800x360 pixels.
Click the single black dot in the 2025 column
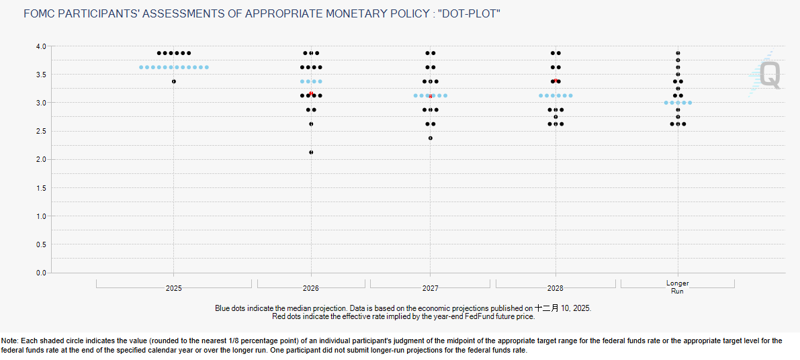click(174, 81)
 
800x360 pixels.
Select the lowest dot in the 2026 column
click(311, 152)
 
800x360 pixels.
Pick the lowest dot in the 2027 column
click(431, 138)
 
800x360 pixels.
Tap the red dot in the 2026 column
click(311, 93)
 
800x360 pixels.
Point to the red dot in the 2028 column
click(555, 81)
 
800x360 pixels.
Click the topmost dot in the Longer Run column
click(678, 53)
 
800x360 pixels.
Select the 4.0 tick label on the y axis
click(40, 46)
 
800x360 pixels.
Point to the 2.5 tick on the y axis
click(40, 131)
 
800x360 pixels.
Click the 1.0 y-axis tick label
click(40, 216)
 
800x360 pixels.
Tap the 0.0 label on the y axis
click(40, 273)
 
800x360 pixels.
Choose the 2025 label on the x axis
click(174, 288)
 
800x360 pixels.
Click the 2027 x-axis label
click(431, 288)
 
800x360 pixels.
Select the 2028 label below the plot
click(555, 288)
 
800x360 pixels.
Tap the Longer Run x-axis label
click(678, 287)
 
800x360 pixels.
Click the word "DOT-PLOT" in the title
click(470, 13)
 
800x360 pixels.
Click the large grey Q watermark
click(770, 75)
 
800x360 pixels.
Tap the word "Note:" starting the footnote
click(11, 341)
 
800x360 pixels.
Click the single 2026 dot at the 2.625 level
click(311, 124)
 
